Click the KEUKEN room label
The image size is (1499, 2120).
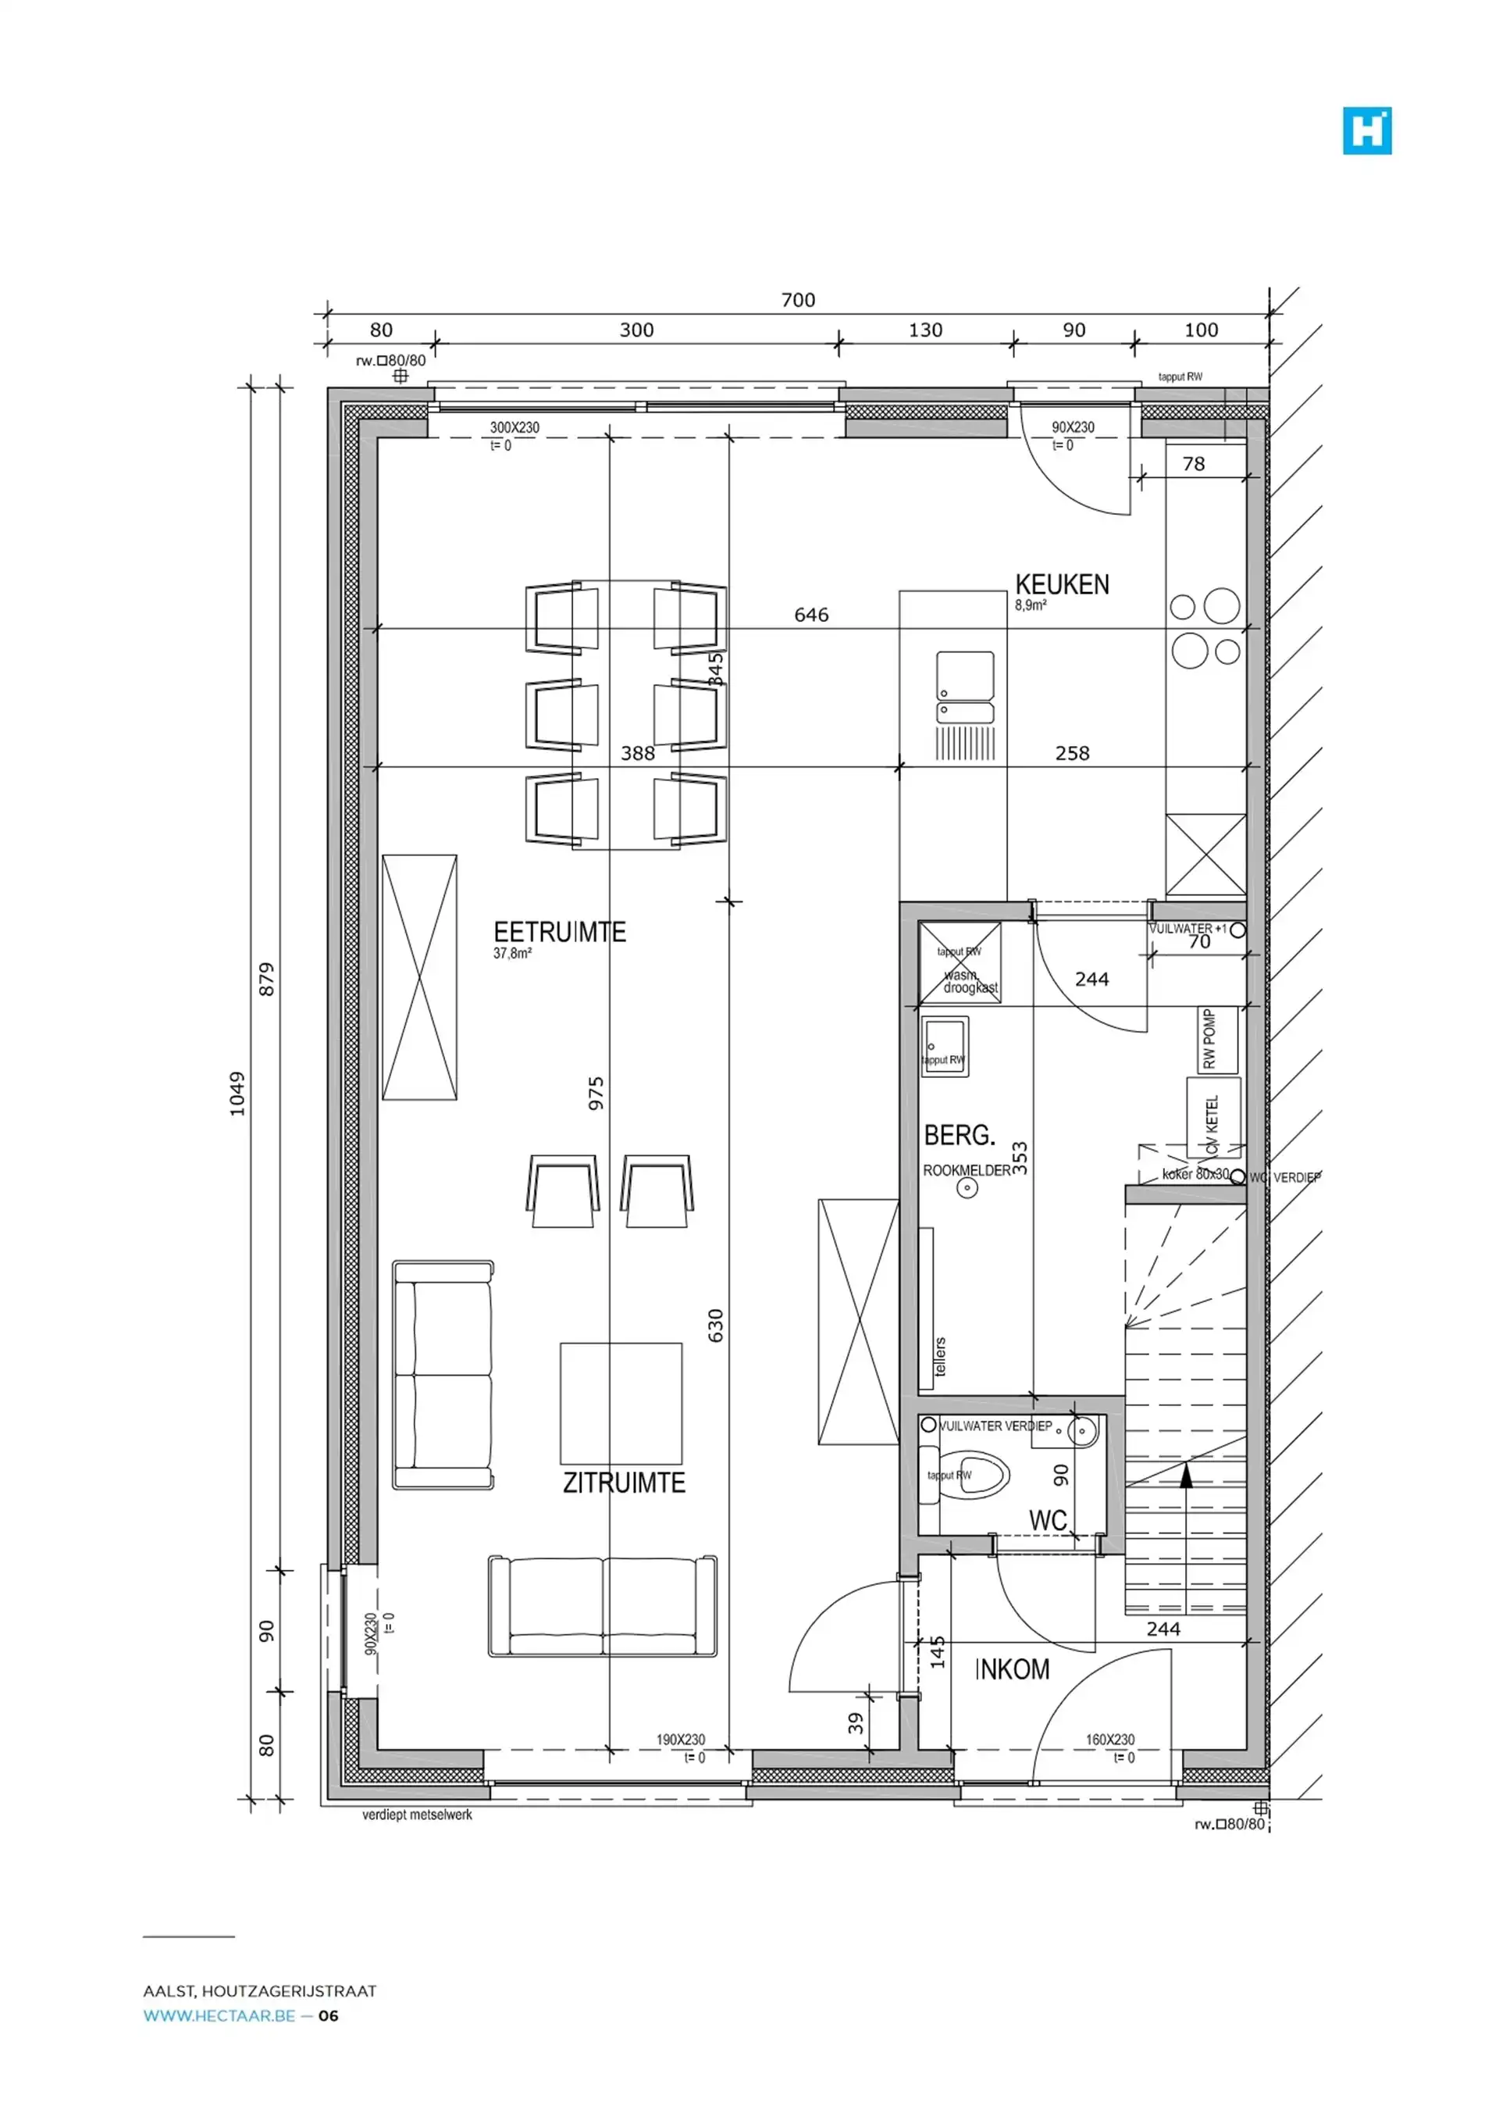coord(1062,584)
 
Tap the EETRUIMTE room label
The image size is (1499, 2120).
coord(559,932)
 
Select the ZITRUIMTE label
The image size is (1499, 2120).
coord(624,1483)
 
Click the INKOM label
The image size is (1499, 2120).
coord(1013,1669)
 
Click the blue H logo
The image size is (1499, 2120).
coord(1367,130)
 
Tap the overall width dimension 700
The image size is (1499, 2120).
coord(797,300)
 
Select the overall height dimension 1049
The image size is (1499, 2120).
coord(238,1094)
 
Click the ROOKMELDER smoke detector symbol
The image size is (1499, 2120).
coord(967,1187)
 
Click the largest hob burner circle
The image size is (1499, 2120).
coord(1221,605)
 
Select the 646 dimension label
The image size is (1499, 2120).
coord(811,615)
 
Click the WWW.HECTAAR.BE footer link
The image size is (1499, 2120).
coord(219,2015)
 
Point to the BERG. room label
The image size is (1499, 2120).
coord(959,1135)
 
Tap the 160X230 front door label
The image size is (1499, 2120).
coord(1109,1740)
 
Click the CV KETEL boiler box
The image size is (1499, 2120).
coord(1212,1117)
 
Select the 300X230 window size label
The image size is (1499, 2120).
coord(515,428)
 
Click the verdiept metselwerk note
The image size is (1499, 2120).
coord(417,1815)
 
